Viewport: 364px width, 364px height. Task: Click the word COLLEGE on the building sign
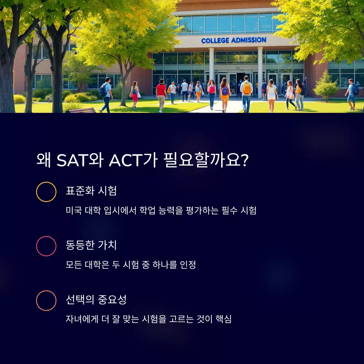215,41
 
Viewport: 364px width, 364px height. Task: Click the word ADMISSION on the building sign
248,40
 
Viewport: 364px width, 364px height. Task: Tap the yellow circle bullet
46,192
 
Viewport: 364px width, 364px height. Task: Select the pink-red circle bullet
46,246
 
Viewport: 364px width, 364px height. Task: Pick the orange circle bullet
46,300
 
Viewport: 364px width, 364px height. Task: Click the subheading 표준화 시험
91,191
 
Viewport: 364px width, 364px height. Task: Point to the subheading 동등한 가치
91,245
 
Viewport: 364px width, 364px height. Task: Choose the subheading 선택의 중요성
96,299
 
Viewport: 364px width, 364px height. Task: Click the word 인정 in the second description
188,264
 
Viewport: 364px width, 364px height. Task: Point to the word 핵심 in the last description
224,319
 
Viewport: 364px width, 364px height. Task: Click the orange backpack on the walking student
247,89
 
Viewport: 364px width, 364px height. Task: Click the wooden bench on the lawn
80,110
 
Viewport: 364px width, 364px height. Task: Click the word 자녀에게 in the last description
82,319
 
